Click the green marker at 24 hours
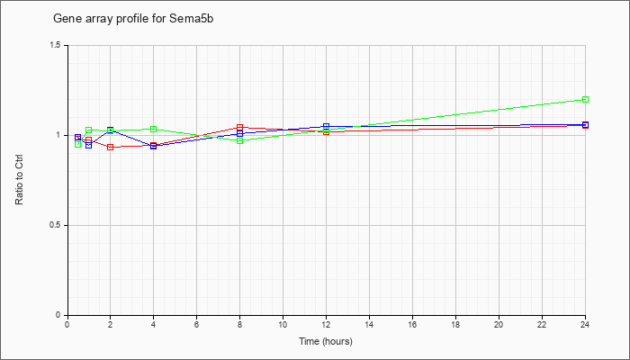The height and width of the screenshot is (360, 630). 585,99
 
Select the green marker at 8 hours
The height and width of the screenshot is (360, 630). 240,140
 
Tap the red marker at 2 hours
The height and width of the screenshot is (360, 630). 110,147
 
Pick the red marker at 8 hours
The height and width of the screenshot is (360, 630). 240,128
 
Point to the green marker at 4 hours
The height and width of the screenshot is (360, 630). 154,129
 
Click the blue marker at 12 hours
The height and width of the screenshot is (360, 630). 326,127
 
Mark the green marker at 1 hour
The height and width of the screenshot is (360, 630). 89,130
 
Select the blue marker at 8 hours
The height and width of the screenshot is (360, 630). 240,133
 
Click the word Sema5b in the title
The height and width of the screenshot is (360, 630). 191,19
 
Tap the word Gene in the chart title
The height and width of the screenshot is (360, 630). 64,19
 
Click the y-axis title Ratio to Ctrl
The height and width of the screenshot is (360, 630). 19,180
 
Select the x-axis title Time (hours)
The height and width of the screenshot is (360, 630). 326,341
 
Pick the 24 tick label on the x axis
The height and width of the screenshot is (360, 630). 585,324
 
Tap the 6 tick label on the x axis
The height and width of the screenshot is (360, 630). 196,324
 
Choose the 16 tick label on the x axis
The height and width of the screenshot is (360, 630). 412,324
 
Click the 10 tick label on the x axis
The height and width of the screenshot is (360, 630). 283,324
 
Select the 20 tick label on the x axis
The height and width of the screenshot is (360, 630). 499,324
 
